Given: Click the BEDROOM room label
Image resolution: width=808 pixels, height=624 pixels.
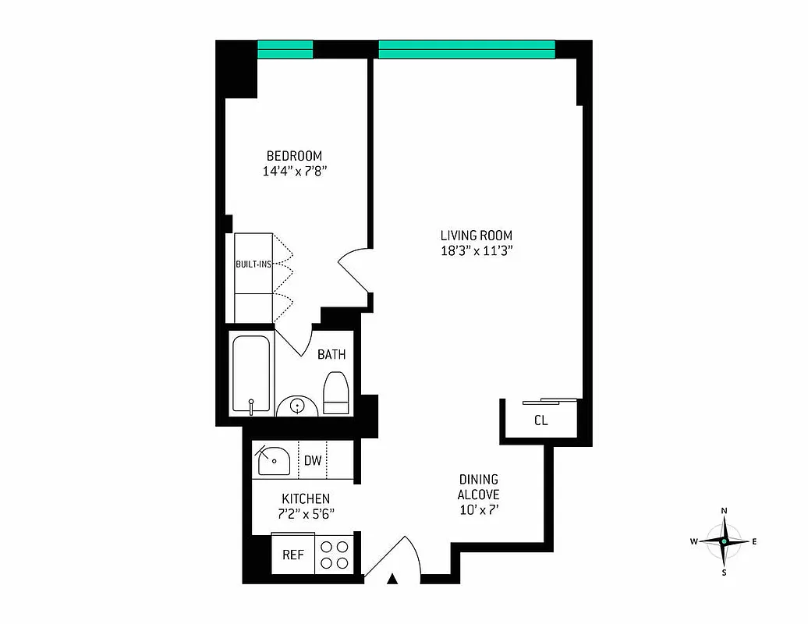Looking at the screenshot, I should [x=293, y=156].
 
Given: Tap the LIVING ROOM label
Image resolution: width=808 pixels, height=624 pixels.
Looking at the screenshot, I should [x=476, y=236].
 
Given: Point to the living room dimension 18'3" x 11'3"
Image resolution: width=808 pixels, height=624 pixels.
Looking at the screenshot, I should [x=476, y=251].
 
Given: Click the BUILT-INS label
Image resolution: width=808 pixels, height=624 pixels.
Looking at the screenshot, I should [x=253, y=264].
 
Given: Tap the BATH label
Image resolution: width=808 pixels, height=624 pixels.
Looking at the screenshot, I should [x=331, y=355].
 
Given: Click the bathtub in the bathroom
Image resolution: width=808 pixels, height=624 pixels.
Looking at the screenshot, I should [x=251, y=374].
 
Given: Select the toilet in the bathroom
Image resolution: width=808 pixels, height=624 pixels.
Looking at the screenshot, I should [x=336, y=392].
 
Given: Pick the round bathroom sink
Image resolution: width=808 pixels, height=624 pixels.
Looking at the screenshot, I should [x=296, y=406].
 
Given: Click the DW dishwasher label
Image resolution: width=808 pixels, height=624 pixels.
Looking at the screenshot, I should [x=313, y=460].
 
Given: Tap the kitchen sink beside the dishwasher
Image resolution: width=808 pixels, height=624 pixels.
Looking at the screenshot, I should [x=273, y=460].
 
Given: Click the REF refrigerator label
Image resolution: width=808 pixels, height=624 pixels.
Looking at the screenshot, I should [x=292, y=555].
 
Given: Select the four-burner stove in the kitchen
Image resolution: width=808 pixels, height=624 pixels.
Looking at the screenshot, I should [x=335, y=555].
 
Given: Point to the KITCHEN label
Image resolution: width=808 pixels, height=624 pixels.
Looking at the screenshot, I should [x=306, y=498].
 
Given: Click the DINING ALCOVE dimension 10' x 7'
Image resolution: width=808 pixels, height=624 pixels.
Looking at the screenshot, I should [x=479, y=511].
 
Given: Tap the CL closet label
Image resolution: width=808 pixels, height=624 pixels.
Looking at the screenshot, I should [x=540, y=420].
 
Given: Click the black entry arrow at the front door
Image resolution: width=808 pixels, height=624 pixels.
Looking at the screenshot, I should [x=393, y=579].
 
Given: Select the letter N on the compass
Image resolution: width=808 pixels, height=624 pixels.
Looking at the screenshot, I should [x=725, y=511].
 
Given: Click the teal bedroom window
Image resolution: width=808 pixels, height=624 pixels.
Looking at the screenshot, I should [x=285, y=49].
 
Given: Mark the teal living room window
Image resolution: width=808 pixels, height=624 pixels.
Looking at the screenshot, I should [x=466, y=49].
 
